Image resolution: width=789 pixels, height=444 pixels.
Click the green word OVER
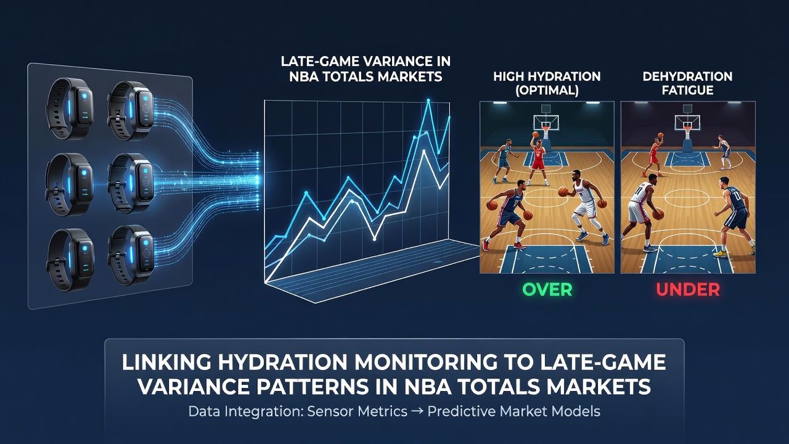pos(547,290)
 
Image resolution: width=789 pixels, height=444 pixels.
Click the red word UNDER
pos(688,290)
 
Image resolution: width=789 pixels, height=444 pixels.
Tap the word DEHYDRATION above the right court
pos(687,76)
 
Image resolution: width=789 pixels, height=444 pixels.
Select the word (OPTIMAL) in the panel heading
pos(547,91)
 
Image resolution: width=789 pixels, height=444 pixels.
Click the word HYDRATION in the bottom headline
pos(282,362)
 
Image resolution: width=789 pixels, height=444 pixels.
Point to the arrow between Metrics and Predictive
pos(417,411)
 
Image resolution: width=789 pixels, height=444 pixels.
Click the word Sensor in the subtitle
pos(330,411)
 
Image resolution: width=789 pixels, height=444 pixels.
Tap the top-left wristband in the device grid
pos(70,109)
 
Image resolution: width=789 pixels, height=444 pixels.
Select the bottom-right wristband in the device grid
pos(131,255)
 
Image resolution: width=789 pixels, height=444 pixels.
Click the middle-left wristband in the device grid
pos(70,184)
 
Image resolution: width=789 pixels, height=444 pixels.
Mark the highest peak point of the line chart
pos(428,101)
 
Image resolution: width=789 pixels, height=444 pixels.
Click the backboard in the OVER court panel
pos(546,122)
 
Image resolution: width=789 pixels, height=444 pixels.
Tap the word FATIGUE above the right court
pos(687,91)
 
